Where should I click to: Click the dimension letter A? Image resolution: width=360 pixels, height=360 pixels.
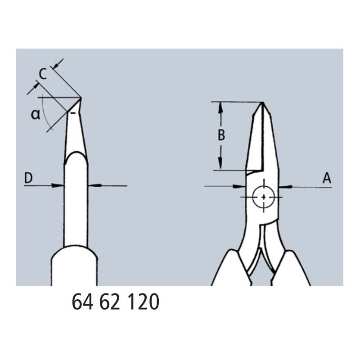tap(327, 178)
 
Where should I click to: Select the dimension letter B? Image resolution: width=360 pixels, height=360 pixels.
tap(221, 135)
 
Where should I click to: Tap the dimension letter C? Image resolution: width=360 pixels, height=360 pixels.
tap(43, 74)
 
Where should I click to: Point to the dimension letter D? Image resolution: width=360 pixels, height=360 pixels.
tap(28, 178)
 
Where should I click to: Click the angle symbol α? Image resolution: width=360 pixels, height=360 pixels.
tap(36, 114)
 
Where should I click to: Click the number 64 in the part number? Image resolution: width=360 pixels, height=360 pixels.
tap(82, 301)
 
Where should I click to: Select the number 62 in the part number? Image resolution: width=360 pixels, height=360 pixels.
tap(110, 301)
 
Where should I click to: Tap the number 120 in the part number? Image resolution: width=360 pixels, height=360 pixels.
tap(143, 301)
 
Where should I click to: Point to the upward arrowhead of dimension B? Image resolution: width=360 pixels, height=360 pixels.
tap(220, 107)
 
